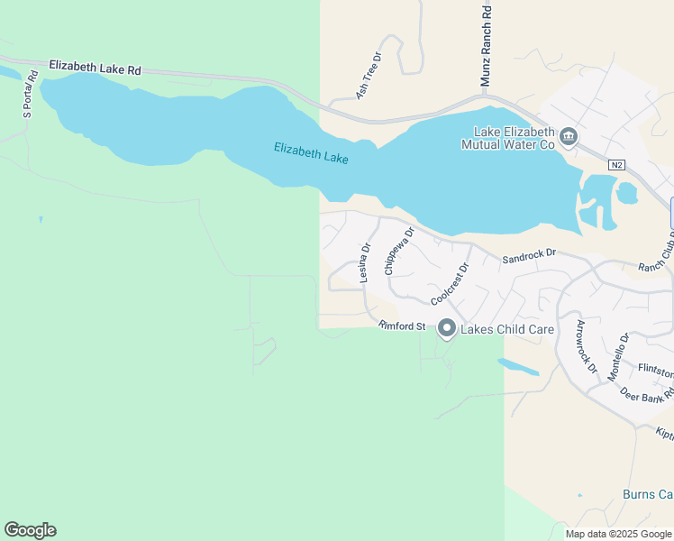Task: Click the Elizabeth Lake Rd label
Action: click(96, 68)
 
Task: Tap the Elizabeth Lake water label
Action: click(311, 152)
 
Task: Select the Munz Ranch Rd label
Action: click(486, 45)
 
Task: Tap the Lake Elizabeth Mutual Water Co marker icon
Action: click(569, 137)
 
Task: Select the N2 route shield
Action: click(616, 165)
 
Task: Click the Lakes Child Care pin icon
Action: click(446, 329)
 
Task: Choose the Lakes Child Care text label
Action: click(507, 329)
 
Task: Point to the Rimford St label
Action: click(402, 326)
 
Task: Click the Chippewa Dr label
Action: click(398, 251)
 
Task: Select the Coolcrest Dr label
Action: click(450, 283)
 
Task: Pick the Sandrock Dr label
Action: click(530, 256)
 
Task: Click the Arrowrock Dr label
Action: click(586, 346)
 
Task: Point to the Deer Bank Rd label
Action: click(646, 399)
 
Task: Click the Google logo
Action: click(30, 530)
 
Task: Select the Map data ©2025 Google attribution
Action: click(618, 534)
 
